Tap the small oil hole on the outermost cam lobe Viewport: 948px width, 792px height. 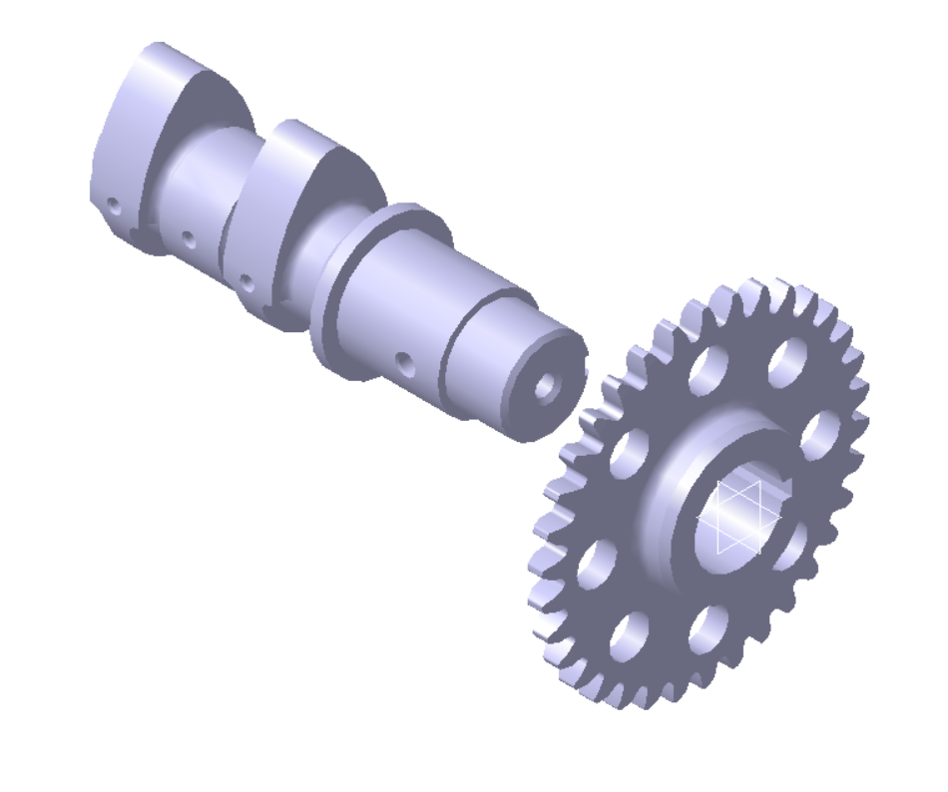point(113,207)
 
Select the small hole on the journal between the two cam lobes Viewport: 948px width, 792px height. point(187,237)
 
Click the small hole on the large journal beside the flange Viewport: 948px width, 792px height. point(402,358)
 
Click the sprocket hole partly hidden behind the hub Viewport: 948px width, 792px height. point(793,545)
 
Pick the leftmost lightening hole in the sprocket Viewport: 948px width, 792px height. point(596,560)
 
